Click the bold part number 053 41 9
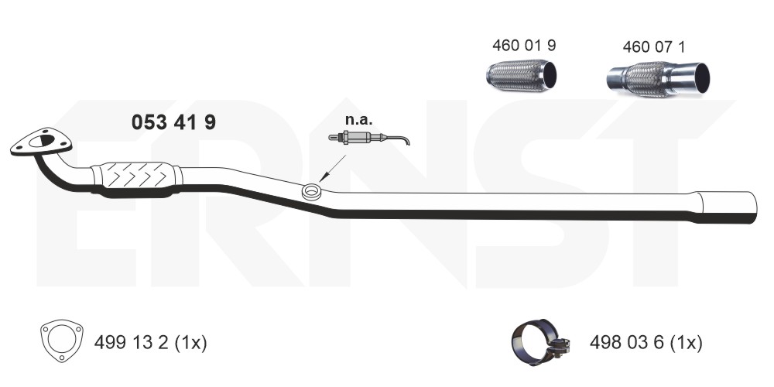point(173,122)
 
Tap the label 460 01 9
point(524,46)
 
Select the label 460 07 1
point(653,47)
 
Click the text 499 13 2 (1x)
point(151,342)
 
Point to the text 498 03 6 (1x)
point(646,342)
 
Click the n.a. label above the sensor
point(359,119)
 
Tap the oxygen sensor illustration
point(368,138)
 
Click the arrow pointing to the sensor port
point(332,169)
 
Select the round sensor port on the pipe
point(311,191)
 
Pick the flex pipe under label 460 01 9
point(521,76)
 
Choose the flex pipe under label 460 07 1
point(658,79)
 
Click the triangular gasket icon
point(62,341)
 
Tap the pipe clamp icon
point(540,341)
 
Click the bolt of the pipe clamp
point(562,347)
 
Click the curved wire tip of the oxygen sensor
point(405,141)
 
